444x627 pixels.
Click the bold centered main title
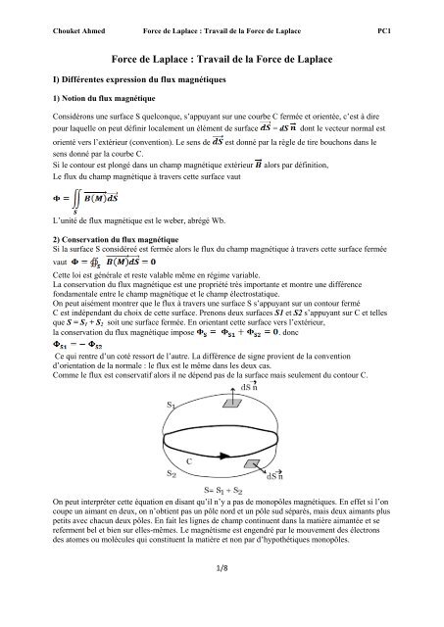tap(221, 58)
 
